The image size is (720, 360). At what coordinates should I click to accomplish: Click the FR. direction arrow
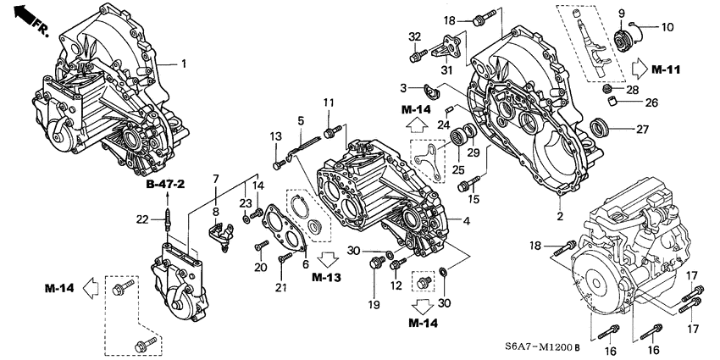(x=26, y=19)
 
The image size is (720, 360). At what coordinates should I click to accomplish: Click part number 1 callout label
(x=183, y=64)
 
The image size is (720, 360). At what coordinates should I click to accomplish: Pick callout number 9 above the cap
(x=621, y=13)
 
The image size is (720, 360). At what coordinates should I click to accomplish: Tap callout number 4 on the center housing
(x=467, y=221)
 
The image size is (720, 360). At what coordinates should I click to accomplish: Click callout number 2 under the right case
(x=560, y=216)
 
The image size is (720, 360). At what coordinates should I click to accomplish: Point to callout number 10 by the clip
(x=667, y=27)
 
